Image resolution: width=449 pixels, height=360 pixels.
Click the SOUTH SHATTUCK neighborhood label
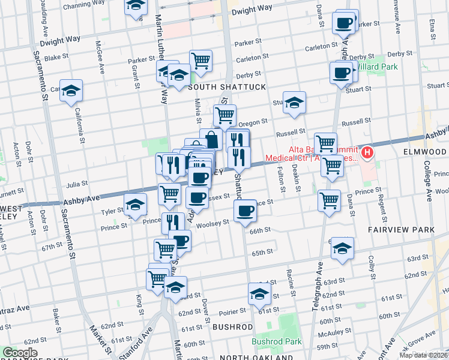227,87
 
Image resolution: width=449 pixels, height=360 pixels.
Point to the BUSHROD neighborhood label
232,327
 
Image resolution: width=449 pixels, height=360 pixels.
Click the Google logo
20,353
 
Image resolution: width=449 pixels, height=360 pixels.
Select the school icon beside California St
71,91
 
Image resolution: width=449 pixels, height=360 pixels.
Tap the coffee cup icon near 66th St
245,211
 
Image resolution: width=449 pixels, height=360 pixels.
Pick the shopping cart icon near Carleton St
201,61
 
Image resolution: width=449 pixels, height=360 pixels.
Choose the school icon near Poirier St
259,294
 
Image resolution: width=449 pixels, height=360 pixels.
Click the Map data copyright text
423,355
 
